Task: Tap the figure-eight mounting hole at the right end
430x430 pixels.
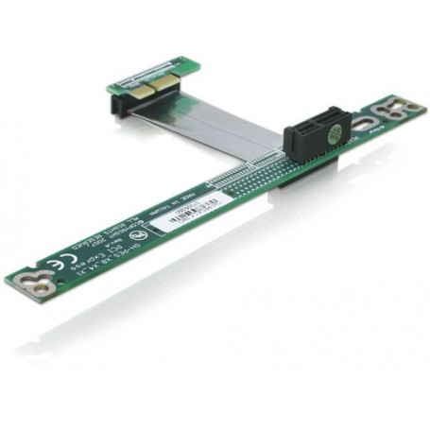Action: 387,115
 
